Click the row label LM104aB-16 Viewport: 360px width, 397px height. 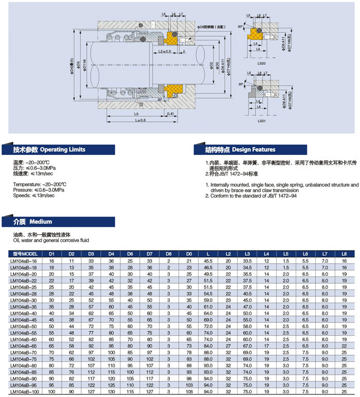coord(25,262)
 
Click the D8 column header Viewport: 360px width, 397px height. coord(169,254)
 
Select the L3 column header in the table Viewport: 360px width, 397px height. coord(247,254)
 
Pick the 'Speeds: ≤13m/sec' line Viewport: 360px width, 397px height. coord(34,196)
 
